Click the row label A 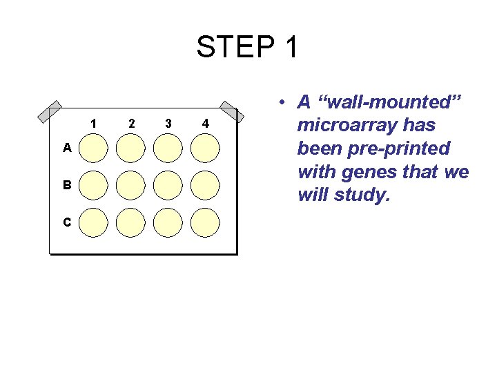tap(66, 147)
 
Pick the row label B tap(67, 185)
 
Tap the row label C tap(67, 222)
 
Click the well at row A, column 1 tap(94, 148)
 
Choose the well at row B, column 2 tap(131, 185)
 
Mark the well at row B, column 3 tap(168, 185)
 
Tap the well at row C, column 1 tap(94, 222)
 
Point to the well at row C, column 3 tap(168, 222)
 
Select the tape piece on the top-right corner tap(229, 112)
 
